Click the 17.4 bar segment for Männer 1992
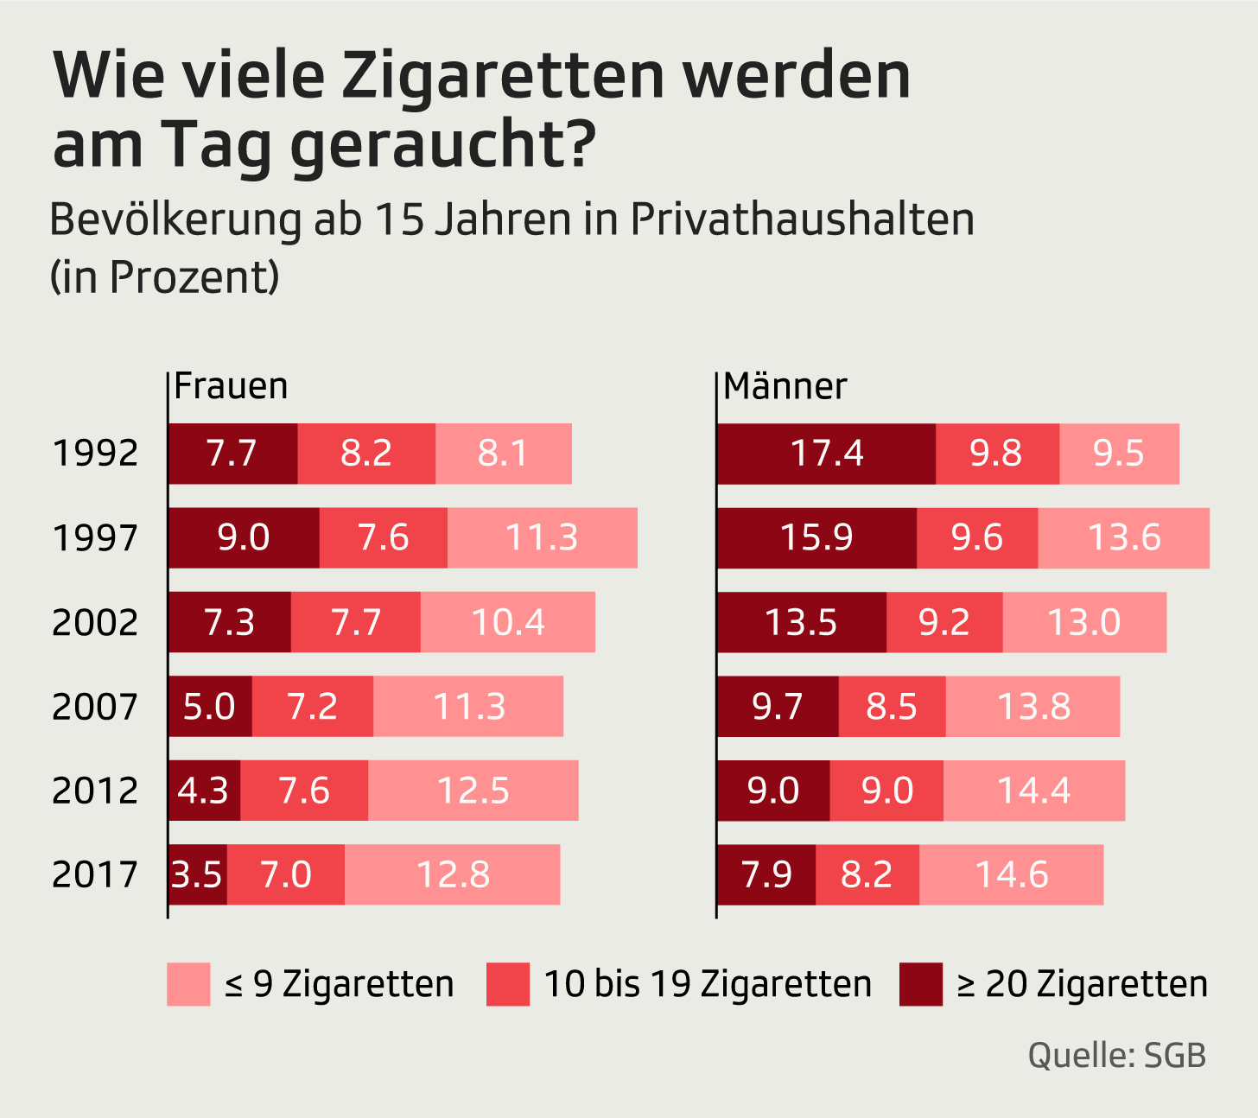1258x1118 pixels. [x=826, y=454]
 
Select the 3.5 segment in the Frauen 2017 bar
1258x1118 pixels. [x=197, y=874]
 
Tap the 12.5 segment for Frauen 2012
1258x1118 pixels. [x=473, y=791]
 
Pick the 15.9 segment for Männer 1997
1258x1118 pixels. [x=816, y=537]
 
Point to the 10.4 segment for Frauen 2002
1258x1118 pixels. [x=507, y=622]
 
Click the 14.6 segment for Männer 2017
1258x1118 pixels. [x=1011, y=874]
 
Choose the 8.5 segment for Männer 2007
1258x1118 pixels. [x=892, y=707]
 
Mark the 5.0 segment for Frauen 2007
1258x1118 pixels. [x=210, y=707]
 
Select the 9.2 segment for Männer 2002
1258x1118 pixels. [x=944, y=622]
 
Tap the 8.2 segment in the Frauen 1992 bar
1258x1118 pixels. [x=366, y=454]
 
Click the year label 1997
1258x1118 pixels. [x=95, y=538]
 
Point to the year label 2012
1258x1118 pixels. [x=95, y=791]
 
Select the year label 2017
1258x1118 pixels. [x=95, y=874]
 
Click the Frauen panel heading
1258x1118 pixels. [x=231, y=386]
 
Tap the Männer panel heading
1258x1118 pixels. [x=785, y=386]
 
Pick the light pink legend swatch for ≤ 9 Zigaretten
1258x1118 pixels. [x=188, y=985]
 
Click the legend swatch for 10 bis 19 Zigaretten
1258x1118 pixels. [x=507, y=985]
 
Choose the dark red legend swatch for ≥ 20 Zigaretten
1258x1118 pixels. [x=920, y=985]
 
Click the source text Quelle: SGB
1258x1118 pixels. [x=1116, y=1055]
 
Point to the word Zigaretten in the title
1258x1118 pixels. [x=503, y=75]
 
